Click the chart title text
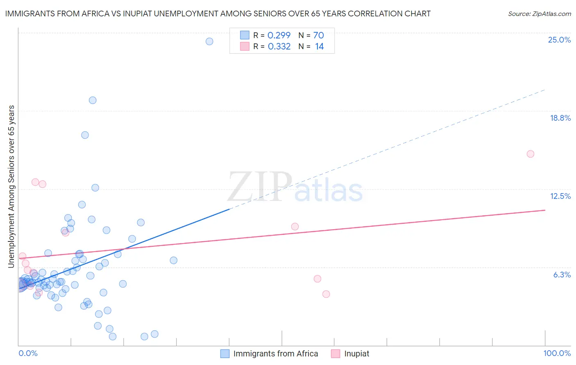click(x=218, y=14)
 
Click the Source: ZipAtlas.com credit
click(x=539, y=14)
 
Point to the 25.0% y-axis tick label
click(x=559, y=40)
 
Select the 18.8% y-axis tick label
click(x=560, y=118)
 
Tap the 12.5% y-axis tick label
click(x=560, y=196)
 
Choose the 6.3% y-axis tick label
click(x=562, y=275)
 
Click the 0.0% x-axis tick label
click(x=28, y=353)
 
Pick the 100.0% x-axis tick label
click(x=557, y=353)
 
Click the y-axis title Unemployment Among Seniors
click(x=11, y=187)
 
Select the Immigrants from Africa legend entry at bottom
click(x=275, y=354)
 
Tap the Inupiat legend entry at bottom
click(x=356, y=354)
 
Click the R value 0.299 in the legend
click(x=279, y=36)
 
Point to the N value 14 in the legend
click(x=320, y=47)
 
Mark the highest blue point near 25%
click(x=209, y=41)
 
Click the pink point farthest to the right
click(x=530, y=154)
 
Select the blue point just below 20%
click(x=93, y=100)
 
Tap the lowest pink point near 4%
click(x=326, y=294)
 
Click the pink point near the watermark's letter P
click(x=295, y=226)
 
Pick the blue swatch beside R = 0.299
click(x=245, y=36)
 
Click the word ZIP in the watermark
click(x=260, y=187)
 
